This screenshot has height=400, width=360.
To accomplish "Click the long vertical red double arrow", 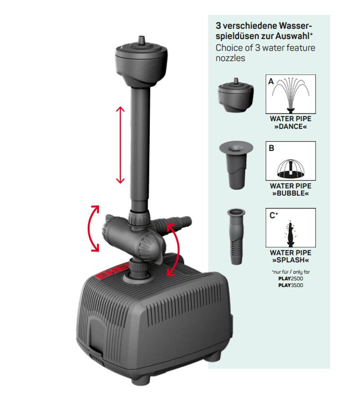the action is click(x=120, y=145).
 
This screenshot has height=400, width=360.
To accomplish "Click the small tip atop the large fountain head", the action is click(x=141, y=40).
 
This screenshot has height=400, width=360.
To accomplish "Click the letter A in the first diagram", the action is click(x=271, y=82).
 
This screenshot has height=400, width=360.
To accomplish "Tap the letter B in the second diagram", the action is click(x=271, y=148).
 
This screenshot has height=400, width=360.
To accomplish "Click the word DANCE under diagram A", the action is click(x=291, y=127).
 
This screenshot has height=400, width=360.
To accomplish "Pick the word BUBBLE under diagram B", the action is click(x=290, y=193).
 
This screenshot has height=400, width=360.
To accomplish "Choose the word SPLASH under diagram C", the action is click(x=290, y=260).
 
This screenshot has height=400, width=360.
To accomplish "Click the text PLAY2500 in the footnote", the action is click(x=291, y=278).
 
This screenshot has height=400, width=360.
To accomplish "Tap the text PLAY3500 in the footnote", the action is click(x=291, y=285).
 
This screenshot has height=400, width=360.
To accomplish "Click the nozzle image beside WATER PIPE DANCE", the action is click(x=236, y=95).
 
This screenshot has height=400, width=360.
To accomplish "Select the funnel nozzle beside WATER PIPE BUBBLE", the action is click(x=236, y=165).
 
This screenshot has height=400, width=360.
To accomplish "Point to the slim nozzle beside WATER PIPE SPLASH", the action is click(x=236, y=236).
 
